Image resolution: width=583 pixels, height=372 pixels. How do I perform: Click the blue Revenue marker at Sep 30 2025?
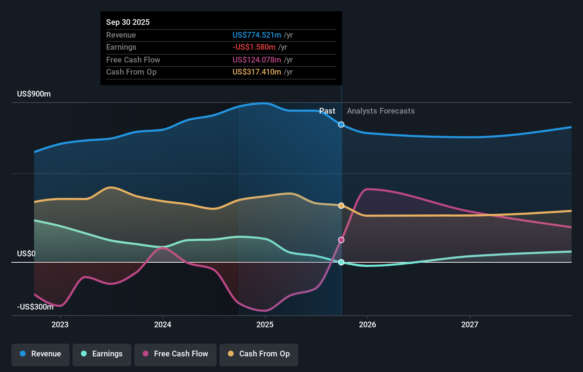pos(341,125)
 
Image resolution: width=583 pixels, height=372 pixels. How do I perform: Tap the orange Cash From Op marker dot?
pos(341,206)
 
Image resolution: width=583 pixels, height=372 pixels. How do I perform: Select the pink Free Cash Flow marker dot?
pos(341,240)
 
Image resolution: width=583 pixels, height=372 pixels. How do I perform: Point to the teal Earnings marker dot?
pos(341,262)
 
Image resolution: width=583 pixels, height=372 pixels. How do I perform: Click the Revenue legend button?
pos(40,354)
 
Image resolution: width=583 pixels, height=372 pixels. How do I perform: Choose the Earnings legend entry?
pos(102,354)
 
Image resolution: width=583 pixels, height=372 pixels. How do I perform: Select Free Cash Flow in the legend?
pos(175,354)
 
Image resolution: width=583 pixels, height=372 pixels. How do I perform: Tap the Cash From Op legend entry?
pos(259,354)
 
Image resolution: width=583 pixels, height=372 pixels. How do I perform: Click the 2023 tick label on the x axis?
pos(60,324)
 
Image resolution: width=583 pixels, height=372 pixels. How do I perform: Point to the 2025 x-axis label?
pos(265,324)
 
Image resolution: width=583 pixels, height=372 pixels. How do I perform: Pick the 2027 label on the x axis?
pos(469,324)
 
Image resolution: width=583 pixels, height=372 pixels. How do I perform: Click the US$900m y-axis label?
pos(34,94)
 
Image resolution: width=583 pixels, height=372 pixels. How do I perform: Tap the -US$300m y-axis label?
pos(35,307)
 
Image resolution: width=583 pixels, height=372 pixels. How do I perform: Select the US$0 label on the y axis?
pos(26,253)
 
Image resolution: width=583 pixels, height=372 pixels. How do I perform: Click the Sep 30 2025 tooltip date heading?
pos(128,22)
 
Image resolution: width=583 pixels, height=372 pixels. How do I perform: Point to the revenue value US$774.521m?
pos(257,35)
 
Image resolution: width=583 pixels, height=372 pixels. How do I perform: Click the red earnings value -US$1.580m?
pos(254,47)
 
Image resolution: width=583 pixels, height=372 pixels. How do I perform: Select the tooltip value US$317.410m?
pos(257,72)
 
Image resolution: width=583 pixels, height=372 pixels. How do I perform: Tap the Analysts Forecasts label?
pos(381,111)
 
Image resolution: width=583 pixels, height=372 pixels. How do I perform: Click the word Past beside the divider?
pos(327,111)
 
